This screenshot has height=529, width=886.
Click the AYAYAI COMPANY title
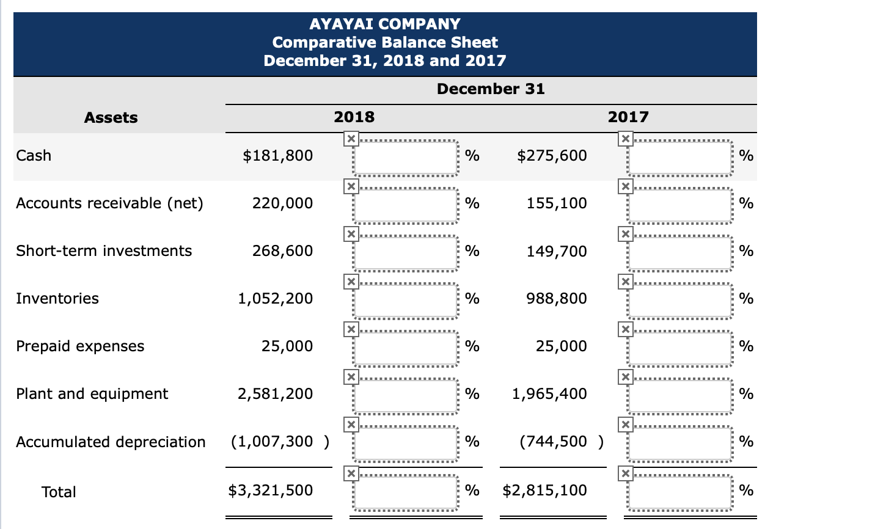pyautogui.click(x=385, y=24)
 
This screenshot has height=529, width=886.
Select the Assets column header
pyautogui.click(x=111, y=117)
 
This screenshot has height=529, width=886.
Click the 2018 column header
pyautogui.click(x=354, y=117)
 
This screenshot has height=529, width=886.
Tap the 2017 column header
pyautogui.click(x=628, y=117)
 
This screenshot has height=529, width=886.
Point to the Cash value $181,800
pyautogui.click(x=278, y=156)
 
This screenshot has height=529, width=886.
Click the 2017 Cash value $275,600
pyautogui.click(x=552, y=156)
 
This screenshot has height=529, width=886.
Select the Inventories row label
pyautogui.click(x=57, y=299)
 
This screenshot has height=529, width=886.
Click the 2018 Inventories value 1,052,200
pyautogui.click(x=275, y=299)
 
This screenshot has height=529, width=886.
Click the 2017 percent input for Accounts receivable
pyautogui.click(x=680, y=205)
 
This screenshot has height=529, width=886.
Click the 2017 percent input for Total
pyautogui.click(x=680, y=492)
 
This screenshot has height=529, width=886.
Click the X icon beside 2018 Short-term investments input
pyautogui.click(x=350, y=234)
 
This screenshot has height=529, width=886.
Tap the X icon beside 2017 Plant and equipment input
pyautogui.click(x=624, y=377)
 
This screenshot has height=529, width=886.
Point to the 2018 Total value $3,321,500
pyautogui.click(x=271, y=491)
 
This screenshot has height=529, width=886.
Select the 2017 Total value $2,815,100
pyautogui.click(x=545, y=491)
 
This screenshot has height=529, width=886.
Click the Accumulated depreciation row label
pyautogui.click(x=111, y=442)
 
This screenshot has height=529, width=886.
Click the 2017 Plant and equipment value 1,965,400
pyautogui.click(x=549, y=394)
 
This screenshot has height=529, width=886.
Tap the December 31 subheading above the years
pyautogui.click(x=491, y=89)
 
